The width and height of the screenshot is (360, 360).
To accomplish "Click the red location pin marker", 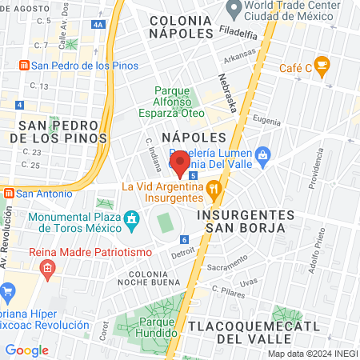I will (x=180, y=162).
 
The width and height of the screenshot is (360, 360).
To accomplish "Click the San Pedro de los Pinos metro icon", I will (x=24, y=66).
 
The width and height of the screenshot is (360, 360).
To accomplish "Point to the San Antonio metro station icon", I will (x=8, y=193).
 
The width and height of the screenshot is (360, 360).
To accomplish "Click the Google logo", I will (x=27, y=350).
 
